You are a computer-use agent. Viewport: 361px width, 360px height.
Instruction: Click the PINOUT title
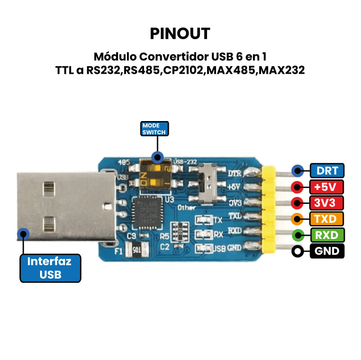tap(180, 33)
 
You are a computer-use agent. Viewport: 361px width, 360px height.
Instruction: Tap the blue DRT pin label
tap(327, 171)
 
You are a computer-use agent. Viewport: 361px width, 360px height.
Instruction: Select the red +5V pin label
tap(327, 187)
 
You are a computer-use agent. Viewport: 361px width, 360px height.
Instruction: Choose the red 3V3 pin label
tap(327, 202)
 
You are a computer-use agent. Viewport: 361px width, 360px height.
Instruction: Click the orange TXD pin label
tap(327, 219)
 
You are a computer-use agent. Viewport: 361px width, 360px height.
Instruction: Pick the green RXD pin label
tap(327, 235)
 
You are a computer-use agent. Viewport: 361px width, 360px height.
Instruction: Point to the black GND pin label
tap(327, 251)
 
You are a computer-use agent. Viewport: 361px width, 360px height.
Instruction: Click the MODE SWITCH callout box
tap(154, 129)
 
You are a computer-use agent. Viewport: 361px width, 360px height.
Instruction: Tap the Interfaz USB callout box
tap(50, 268)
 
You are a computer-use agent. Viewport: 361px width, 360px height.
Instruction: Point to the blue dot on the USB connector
tap(23, 234)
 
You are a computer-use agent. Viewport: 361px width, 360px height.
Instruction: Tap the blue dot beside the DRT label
tap(297, 171)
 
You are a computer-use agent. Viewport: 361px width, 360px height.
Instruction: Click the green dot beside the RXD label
tap(297, 235)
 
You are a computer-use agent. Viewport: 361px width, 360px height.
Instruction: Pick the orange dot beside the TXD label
tap(297, 219)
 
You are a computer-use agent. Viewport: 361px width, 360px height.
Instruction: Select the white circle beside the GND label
tap(297, 251)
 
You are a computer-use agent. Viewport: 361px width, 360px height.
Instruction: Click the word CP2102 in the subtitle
tap(181, 70)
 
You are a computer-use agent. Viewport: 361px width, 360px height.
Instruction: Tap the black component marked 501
tap(135, 248)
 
